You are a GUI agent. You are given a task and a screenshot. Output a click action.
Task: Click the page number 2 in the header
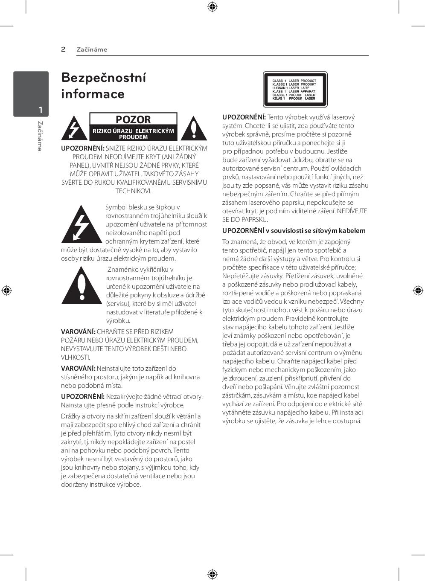(63, 49)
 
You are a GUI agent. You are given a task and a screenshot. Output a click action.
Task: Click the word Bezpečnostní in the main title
(104, 78)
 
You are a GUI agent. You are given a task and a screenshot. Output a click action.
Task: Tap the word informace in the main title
(93, 94)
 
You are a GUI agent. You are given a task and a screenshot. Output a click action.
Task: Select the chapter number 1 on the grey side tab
(41, 110)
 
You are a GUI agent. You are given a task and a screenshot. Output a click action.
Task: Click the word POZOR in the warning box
(133, 120)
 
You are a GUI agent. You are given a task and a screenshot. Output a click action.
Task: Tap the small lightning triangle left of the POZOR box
(74, 128)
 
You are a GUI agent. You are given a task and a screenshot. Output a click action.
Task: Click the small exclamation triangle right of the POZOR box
(193, 128)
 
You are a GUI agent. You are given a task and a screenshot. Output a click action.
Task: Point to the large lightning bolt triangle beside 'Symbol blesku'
(81, 225)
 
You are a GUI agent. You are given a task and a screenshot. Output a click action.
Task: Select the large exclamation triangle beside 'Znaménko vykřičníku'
(82, 286)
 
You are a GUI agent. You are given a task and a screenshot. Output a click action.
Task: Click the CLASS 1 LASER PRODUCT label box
(295, 90)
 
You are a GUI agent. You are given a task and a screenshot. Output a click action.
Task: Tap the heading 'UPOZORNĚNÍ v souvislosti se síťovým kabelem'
(294, 231)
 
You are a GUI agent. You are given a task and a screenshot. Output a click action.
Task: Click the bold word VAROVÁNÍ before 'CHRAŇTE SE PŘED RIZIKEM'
(78, 331)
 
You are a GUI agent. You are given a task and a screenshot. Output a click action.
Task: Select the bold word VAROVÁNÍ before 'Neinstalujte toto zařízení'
(78, 368)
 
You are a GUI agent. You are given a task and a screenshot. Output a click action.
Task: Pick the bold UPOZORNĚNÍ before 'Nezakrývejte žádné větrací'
(82, 396)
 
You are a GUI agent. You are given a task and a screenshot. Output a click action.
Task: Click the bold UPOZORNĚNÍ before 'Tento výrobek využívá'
(244, 117)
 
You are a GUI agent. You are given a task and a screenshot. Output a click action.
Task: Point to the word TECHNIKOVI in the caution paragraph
(133, 191)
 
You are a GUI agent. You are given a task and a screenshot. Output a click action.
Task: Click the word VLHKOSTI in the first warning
(75, 357)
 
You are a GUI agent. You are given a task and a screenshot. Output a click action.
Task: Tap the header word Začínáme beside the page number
(92, 49)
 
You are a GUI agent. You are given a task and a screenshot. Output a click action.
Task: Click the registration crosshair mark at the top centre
(212, 7)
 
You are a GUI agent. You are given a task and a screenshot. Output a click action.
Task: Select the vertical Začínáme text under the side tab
(40, 136)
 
